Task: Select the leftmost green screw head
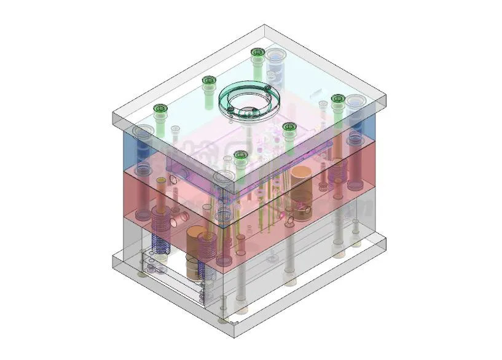pos(161,109)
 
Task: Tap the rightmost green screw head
pos(337,99)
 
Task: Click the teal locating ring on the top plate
pos(248,98)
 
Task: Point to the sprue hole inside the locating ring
pos(246,111)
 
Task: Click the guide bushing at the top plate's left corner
pos(143,132)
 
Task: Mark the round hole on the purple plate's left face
pos(173,181)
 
